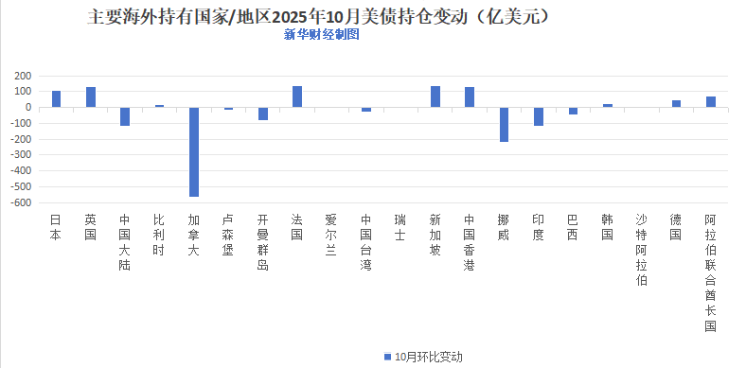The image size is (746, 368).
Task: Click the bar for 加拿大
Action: coord(194,151)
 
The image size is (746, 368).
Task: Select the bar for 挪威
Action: coord(504,124)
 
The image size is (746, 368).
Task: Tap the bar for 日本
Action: coord(56,98)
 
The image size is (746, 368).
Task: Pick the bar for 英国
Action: coord(91,96)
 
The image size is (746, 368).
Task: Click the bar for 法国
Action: coord(297,96)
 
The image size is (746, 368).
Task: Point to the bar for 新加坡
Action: coord(435,96)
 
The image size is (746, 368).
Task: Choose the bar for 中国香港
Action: coord(470,96)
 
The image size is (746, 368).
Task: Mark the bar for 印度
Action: coord(539,116)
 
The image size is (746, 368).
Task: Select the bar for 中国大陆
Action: coord(125,116)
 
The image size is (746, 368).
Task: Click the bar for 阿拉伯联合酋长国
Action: coord(711,101)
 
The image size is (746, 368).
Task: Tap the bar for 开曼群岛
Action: coord(263,114)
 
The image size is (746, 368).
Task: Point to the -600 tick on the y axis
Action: coord(23,202)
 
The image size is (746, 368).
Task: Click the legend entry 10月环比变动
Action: coord(422,356)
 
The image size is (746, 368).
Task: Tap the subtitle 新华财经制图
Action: coord(322,34)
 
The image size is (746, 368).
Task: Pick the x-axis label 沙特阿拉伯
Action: coord(642,249)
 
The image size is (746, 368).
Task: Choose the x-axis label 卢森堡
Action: coord(228,234)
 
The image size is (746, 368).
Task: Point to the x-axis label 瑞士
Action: coord(400,226)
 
